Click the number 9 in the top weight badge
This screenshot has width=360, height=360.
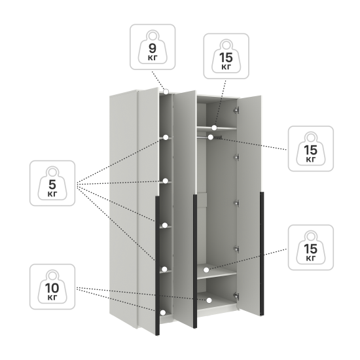[x=153, y=48]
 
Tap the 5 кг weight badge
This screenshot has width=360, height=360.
[x=52, y=183]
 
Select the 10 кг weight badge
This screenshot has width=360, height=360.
[x=52, y=287]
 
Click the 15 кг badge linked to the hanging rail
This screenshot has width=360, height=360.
[x=311, y=149]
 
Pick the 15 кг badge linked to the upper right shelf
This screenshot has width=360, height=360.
[x=226, y=56]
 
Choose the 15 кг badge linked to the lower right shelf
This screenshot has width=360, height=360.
[x=311, y=247]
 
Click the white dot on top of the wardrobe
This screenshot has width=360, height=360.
[x=166, y=92]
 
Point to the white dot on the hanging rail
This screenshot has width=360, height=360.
[x=211, y=137]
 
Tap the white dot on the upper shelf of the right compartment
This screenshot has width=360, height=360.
[x=214, y=128]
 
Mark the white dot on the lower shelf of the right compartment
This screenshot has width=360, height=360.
[x=206, y=270]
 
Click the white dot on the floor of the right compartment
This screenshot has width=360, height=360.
[x=209, y=300]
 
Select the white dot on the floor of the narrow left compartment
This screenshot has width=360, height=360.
[x=163, y=312]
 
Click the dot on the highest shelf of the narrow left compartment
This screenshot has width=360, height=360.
[x=166, y=137]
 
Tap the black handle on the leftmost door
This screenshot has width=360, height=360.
[x=157, y=266]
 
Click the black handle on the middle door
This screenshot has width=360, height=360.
[x=195, y=261]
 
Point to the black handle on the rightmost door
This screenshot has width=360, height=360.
[x=262, y=253]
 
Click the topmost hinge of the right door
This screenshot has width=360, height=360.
[x=236, y=110]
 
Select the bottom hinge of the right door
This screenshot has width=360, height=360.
[x=236, y=296]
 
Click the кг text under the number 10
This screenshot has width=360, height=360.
[x=52, y=297]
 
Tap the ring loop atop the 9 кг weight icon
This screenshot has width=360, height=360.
[x=153, y=35]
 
